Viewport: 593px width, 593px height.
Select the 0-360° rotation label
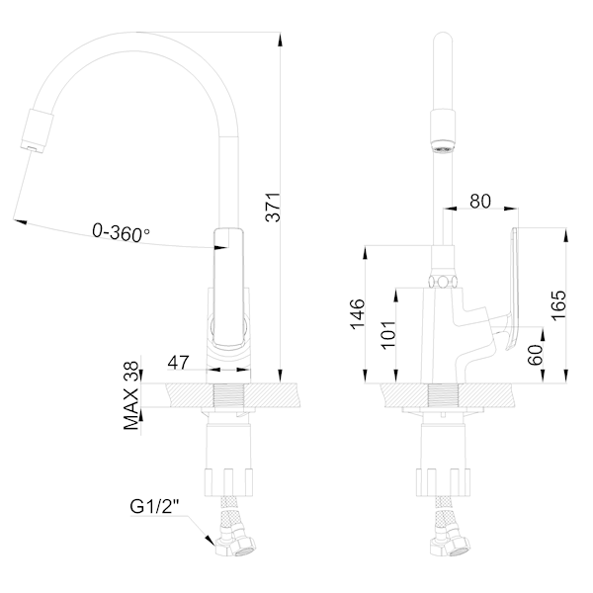pos(121,233)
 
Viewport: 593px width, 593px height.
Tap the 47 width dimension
pos(178,364)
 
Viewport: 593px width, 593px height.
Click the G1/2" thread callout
pos(155,508)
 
